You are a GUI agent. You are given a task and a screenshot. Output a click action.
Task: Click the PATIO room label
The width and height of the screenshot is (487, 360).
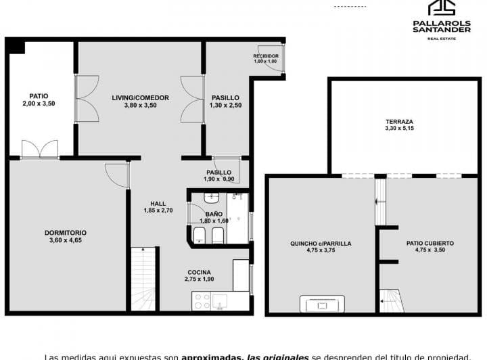[38, 95]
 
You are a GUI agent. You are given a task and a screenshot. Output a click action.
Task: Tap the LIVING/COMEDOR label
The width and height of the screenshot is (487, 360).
[140, 97]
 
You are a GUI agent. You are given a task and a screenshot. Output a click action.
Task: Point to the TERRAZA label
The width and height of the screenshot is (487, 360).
[399, 122]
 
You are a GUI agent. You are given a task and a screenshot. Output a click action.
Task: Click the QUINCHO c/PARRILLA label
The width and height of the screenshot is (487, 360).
[321, 243]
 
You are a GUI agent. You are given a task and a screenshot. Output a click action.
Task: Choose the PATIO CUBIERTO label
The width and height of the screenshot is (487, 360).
[430, 242]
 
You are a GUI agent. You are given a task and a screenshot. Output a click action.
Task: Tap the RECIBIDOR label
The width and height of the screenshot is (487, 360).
[265, 56]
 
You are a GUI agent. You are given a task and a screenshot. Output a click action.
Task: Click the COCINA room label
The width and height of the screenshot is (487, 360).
[199, 272]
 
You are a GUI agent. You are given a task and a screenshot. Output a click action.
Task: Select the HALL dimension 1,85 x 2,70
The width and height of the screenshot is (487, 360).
[158, 210]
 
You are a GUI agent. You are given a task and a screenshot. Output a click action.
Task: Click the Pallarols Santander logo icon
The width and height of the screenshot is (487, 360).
[442, 7]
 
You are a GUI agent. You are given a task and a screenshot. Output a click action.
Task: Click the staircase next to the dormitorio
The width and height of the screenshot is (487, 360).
[143, 279]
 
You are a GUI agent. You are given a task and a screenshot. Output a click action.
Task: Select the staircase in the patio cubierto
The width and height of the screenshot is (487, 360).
[391, 300]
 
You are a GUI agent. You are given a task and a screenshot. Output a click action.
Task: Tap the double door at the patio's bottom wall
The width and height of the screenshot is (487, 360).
[39, 150]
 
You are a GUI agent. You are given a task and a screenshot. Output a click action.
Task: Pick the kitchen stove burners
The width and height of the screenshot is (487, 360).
[201, 301]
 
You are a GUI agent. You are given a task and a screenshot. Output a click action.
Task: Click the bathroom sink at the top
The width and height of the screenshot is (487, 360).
[210, 198]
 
